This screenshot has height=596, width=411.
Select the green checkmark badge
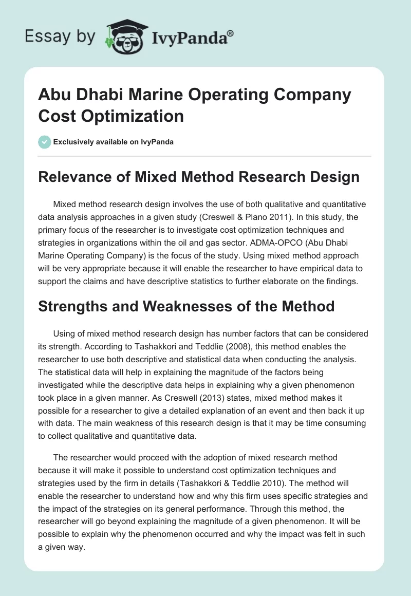pyautogui.click(x=45, y=142)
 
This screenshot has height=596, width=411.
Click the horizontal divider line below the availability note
pyautogui.click(x=206, y=156)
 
